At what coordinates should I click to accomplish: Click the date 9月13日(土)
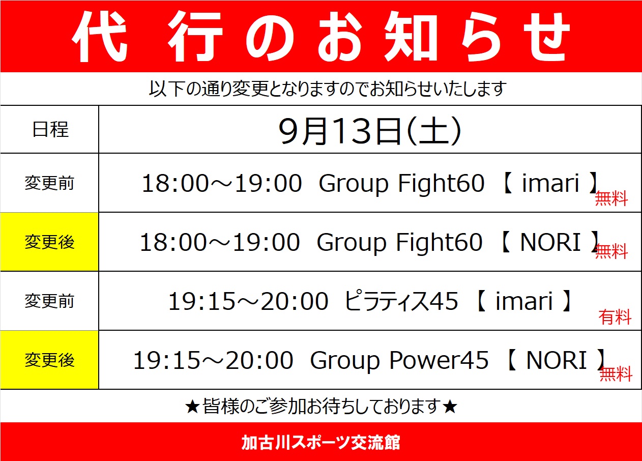coord(370,131)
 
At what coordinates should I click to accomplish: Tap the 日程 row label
coord(50,129)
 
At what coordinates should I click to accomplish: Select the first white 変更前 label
coord(49,183)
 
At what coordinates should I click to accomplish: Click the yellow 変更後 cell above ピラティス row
coord(49,242)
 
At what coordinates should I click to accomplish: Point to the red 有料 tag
coord(615,317)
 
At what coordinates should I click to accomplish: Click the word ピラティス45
coord(401,301)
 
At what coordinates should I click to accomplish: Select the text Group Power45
coord(399,361)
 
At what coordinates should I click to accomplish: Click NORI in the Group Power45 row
coord(557,360)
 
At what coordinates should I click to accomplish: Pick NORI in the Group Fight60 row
coord(550,242)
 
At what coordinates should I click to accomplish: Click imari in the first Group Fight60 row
coord(550,183)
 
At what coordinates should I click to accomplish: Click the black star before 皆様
coord(192,407)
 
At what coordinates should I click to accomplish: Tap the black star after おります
coord(449,407)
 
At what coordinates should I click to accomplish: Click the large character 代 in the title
coord(99,37)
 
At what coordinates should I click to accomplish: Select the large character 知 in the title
coord(411,37)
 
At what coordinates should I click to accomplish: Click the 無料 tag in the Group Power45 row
coord(616,373)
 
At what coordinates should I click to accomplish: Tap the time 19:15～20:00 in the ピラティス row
coord(248,301)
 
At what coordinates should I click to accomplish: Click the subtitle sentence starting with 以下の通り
coord(327,89)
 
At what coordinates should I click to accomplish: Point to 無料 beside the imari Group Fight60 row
coord(611,198)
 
